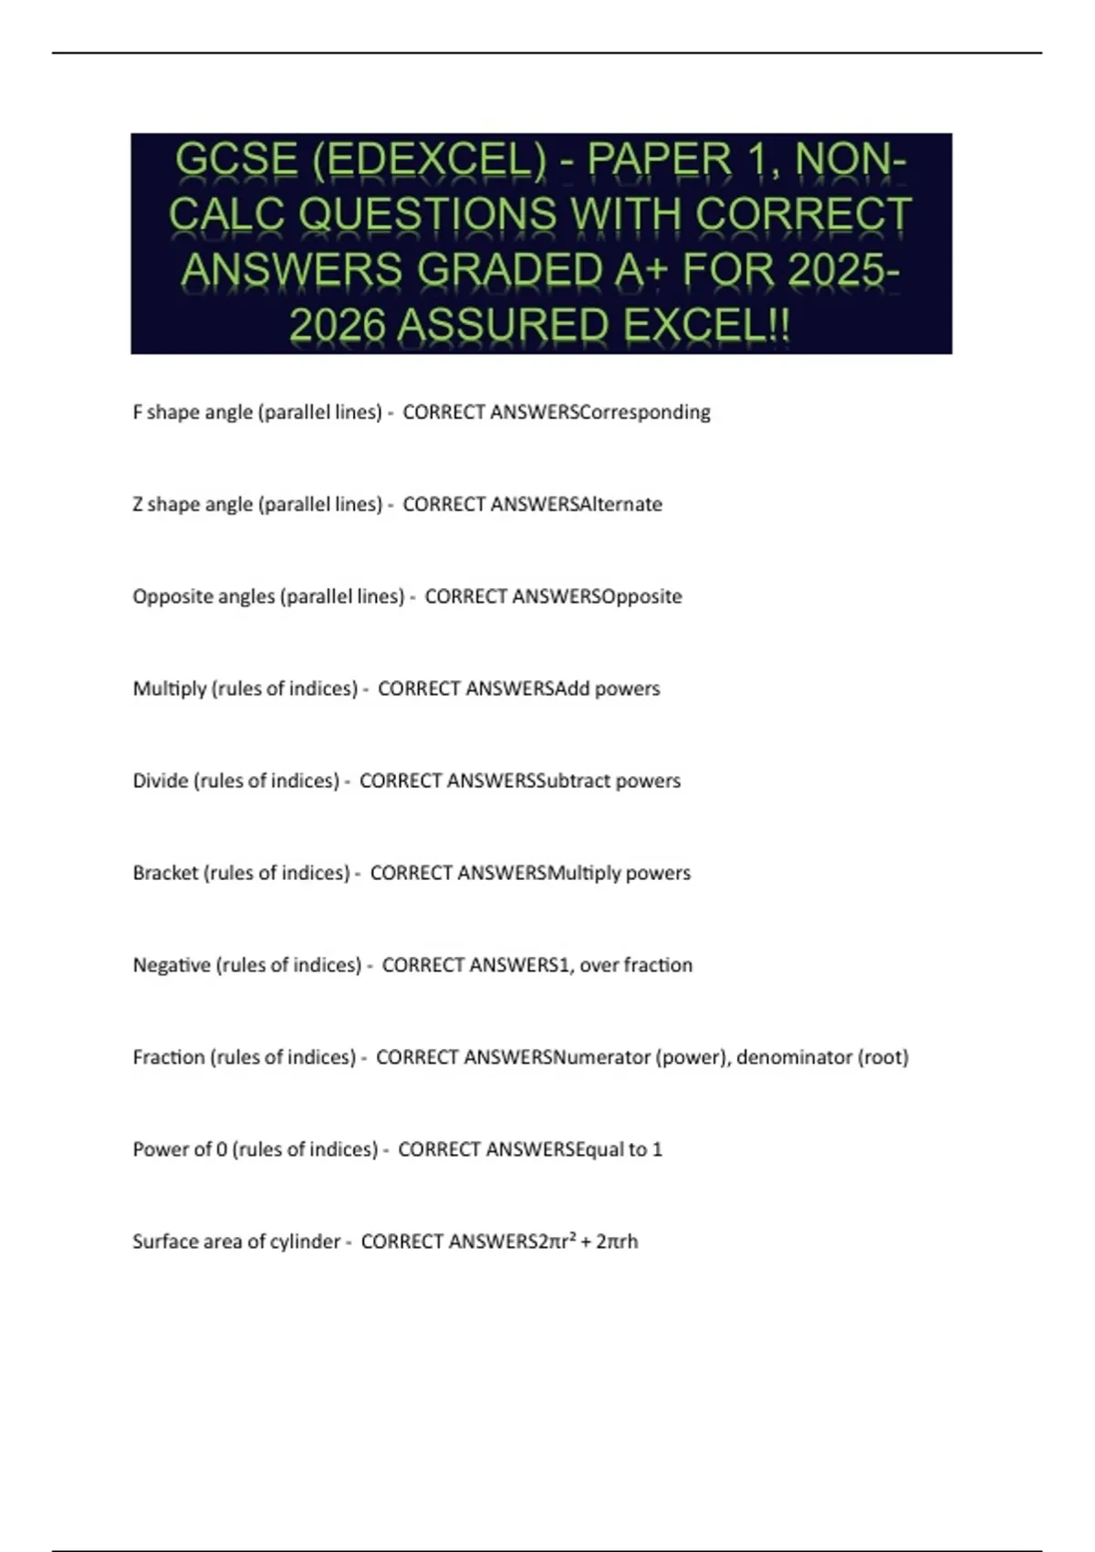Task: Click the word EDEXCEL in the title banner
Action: (x=429, y=160)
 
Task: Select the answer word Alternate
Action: (x=621, y=505)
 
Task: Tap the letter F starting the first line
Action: (x=138, y=413)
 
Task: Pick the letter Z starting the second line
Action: (x=138, y=505)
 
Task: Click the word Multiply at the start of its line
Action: (x=170, y=688)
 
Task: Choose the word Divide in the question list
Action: (x=160, y=781)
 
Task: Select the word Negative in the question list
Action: (x=172, y=965)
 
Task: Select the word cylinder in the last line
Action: (x=306, y=1242)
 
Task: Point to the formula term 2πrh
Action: (x=617, y=1242)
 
